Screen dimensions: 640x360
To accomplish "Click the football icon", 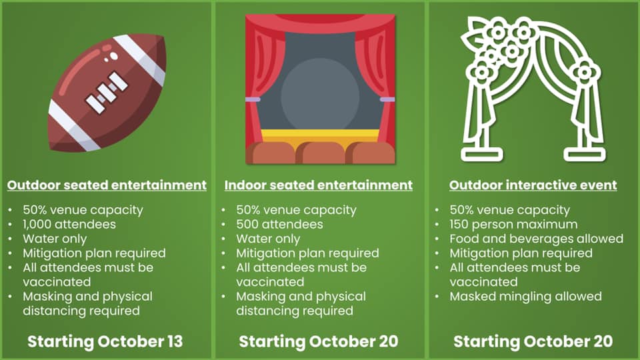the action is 107,93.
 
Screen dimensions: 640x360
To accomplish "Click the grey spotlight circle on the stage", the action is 320,95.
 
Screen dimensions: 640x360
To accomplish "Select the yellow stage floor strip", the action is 321,136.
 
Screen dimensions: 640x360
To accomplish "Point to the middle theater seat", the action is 321,153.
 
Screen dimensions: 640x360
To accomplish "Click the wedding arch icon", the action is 533,89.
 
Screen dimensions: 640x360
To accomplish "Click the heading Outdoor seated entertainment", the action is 107,185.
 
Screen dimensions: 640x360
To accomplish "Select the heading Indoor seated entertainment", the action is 319,185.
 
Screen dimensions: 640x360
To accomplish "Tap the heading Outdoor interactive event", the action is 533,185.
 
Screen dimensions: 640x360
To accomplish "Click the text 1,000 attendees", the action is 69,225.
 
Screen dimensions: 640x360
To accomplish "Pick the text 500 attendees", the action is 279,225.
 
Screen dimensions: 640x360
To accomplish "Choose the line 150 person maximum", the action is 513,225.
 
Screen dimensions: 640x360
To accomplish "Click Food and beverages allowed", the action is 536,239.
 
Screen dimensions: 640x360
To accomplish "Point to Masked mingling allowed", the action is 526,296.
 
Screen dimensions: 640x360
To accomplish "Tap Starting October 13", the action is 105,341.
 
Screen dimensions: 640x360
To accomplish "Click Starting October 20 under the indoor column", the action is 319,341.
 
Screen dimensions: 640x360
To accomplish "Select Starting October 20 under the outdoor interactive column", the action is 533,341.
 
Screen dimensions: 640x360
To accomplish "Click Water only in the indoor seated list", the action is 268,239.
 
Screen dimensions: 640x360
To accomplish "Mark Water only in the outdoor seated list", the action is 55,239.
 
